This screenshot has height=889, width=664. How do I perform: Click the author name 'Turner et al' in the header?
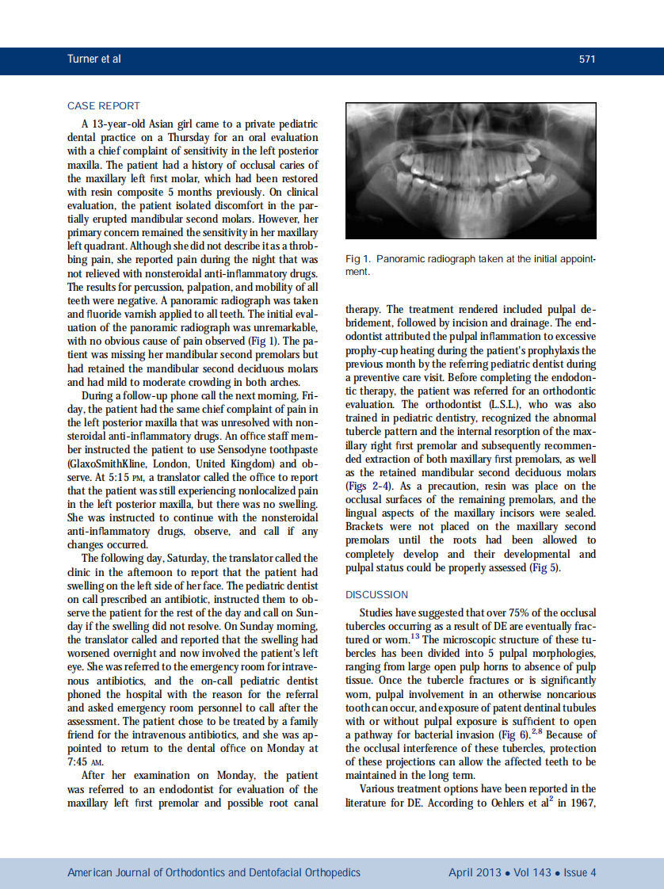tap(94, 59)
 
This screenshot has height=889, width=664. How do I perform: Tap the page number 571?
tap(587, 59)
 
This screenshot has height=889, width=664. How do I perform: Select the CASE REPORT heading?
tap(104, 105)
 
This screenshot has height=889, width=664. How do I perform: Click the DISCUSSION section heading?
tap(377, 594)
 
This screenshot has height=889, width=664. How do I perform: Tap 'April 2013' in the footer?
tap(474, 872)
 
